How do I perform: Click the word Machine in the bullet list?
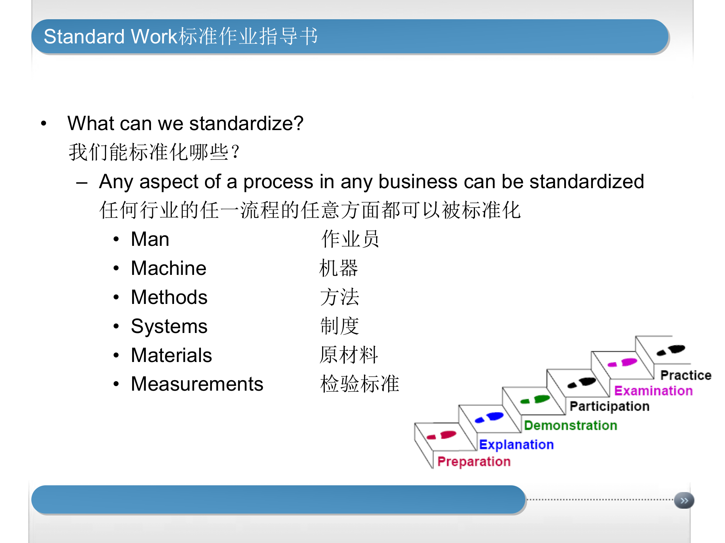point(168,268)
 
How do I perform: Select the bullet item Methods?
point(169,297)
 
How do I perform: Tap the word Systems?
point(169,326)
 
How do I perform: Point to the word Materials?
point(171,355)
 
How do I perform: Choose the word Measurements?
point(197,384)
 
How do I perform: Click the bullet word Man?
point(150,239)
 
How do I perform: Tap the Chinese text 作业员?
point(350,239)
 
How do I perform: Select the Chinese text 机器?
point(338,268)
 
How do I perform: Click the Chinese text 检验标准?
point(359,384)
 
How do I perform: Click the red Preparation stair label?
point(474,462)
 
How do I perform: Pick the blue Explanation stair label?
point(516,445)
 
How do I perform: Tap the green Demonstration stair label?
point(571,425)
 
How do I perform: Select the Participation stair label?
point(609,406)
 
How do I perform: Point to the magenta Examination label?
point(653,391)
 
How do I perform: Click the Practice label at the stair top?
point(686,375)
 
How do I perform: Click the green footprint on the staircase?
point(536,399)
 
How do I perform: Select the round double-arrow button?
point(684,501)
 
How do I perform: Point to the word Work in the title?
point(154,37)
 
